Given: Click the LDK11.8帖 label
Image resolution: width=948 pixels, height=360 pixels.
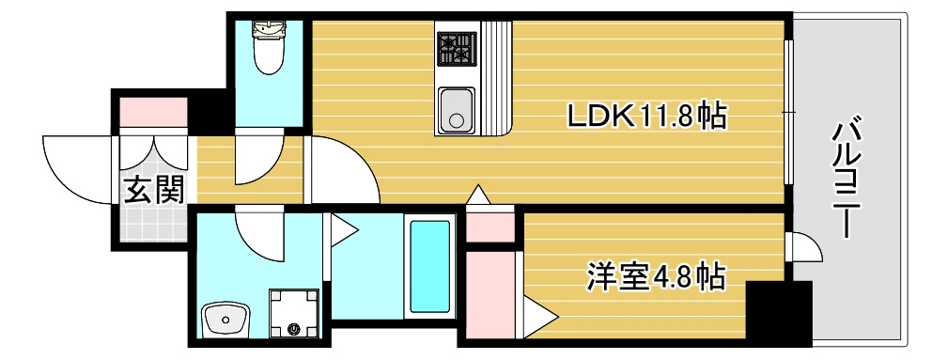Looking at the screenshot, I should [645, 116].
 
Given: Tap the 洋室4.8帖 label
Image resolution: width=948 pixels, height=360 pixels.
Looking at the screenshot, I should [657, 275].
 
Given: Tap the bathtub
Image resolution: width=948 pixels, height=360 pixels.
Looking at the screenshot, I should [429, 267].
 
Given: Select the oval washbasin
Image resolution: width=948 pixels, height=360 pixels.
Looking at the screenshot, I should [225, 320].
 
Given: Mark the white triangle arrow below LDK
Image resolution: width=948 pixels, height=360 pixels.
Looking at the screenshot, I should [477, 196].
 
